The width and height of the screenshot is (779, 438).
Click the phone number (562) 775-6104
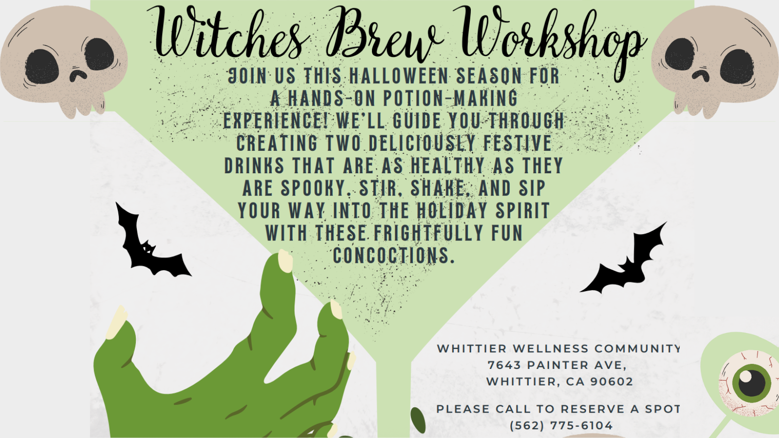point(561,425)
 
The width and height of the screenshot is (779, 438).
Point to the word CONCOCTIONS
point(394,255)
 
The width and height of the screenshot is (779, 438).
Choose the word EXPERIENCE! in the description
point(277,121)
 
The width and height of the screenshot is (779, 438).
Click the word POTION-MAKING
point(450,98)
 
